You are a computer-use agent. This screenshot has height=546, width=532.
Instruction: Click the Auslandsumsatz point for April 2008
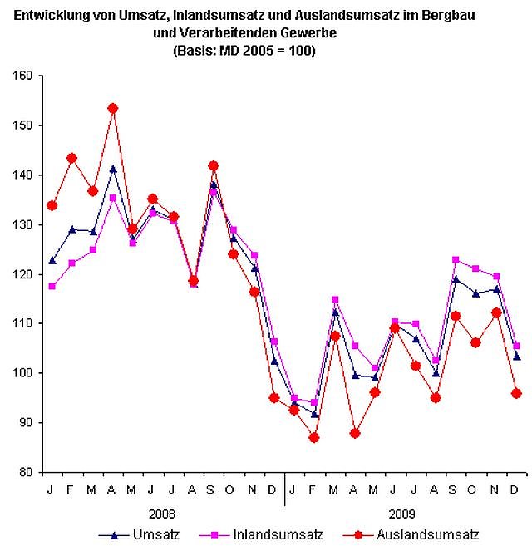[x=112, y=108]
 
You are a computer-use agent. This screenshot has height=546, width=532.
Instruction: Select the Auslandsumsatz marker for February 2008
[x=72, y=158]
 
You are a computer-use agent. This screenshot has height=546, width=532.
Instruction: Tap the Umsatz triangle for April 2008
[x=112, y=169]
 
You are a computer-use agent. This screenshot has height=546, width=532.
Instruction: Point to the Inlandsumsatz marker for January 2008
[x=52, y=286]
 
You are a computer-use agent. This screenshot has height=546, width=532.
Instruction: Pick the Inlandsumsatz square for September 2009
[x=456, y=260]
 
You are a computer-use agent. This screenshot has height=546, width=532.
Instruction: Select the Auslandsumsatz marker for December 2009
[x=516, y=393]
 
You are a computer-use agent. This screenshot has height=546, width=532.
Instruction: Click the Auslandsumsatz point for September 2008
[x=214, y=166]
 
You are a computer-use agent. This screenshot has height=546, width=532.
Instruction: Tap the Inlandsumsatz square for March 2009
[x=335, y=299]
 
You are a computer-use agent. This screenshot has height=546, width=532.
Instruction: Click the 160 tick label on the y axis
[x=22, y=76]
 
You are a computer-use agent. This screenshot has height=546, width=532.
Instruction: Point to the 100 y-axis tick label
[x=22, y=373]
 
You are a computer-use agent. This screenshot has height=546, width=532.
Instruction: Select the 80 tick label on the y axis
[x=26, y=472]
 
